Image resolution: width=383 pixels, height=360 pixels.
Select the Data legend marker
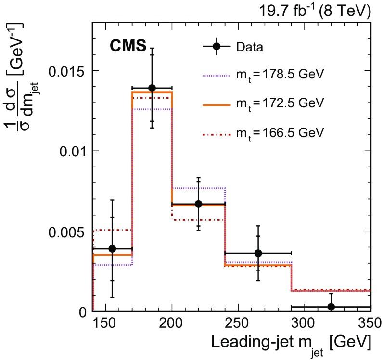(x=217, y=47)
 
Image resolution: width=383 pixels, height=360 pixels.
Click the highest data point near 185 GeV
(x=152, y=88)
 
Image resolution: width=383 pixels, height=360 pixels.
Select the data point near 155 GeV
(x=112, y=249)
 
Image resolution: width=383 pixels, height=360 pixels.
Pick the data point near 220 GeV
(x=198, y=204)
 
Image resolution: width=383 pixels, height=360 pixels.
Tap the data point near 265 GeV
(x=258, y=253)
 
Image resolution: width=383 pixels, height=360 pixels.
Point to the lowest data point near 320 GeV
(x=331, y=307)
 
